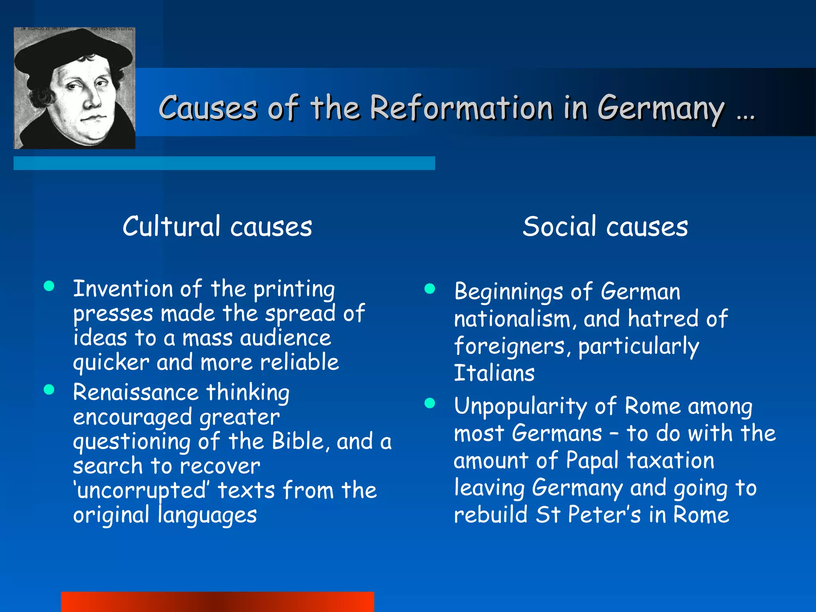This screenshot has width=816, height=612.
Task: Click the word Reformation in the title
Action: click(461, 108)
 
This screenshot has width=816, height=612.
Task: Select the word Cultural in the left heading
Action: click(171, 226)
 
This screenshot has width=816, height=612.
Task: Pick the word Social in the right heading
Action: click(559, 226)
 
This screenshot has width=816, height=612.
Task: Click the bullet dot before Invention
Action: click(49, 286)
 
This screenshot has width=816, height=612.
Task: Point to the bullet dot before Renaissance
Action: click(49, 389)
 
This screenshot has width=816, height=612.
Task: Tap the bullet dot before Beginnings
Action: click(430, 288)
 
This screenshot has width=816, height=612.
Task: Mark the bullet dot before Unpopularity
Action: click(430, 403)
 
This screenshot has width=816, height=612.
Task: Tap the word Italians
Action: click(494, 373)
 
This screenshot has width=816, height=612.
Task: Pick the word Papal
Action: click(592, 461)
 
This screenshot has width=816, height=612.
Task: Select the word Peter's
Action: click(604, 515)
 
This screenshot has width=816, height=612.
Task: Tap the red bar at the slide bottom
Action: click(218, 602)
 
